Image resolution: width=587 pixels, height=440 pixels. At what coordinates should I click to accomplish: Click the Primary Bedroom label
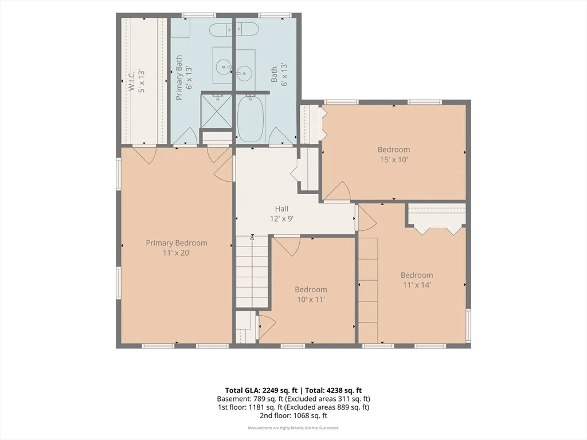tap(177, 243)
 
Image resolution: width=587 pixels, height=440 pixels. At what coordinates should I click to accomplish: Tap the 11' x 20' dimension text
tap(177, 253)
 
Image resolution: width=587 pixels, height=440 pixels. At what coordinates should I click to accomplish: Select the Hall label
tap(281, 209)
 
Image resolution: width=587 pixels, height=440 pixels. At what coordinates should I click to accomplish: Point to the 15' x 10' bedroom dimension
tap(394, 160)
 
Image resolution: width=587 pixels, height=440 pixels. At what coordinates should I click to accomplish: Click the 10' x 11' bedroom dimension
tap(311, 299)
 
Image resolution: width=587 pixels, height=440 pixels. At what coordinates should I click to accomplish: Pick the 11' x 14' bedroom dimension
tap(417, 285)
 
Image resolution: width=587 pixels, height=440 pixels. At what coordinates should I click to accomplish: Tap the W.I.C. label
tap(131, 80)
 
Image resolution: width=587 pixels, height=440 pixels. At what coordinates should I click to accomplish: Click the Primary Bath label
tap(179, 77)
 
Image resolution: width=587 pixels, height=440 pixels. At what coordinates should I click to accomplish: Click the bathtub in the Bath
tap(251, 118)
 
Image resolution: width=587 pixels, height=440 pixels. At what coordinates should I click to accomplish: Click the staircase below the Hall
tap(252, 271)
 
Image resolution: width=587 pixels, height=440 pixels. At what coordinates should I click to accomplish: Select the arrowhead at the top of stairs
tap(252, 237)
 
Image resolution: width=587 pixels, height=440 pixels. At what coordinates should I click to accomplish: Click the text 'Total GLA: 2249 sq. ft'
tap(261, 391)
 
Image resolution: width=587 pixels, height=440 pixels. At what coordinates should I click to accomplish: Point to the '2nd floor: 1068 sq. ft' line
tap(293, 415)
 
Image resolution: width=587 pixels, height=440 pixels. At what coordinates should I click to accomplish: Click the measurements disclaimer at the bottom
tap(293, 427)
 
